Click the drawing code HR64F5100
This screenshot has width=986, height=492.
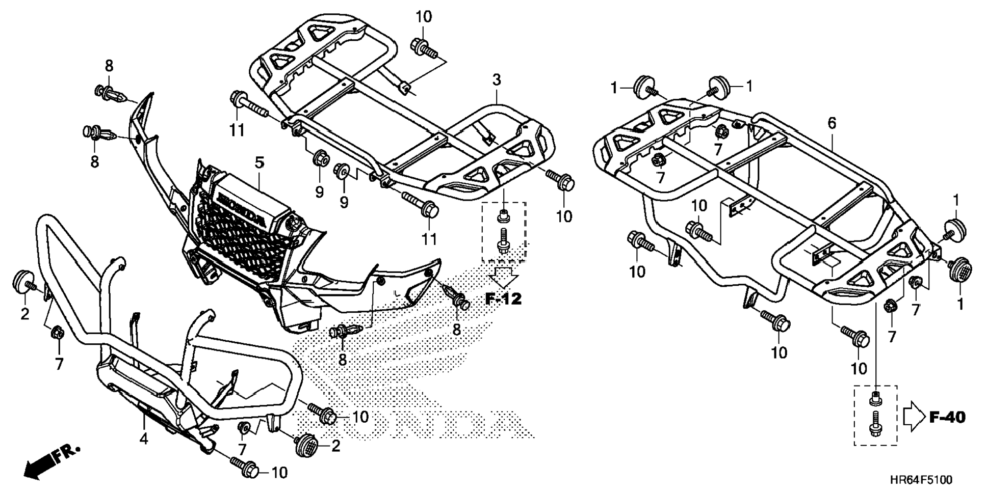click(x=920, y=480)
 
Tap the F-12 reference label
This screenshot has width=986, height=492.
click(x=503, y=299)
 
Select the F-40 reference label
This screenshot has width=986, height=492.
click(x=947, y=418)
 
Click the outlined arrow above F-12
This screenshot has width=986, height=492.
click(x=503, y=278)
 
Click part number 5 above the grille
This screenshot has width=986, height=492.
click(x=260, y=163)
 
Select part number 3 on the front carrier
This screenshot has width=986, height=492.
click(x=496, y=79)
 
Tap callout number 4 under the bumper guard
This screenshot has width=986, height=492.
click(x=144, y=438)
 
